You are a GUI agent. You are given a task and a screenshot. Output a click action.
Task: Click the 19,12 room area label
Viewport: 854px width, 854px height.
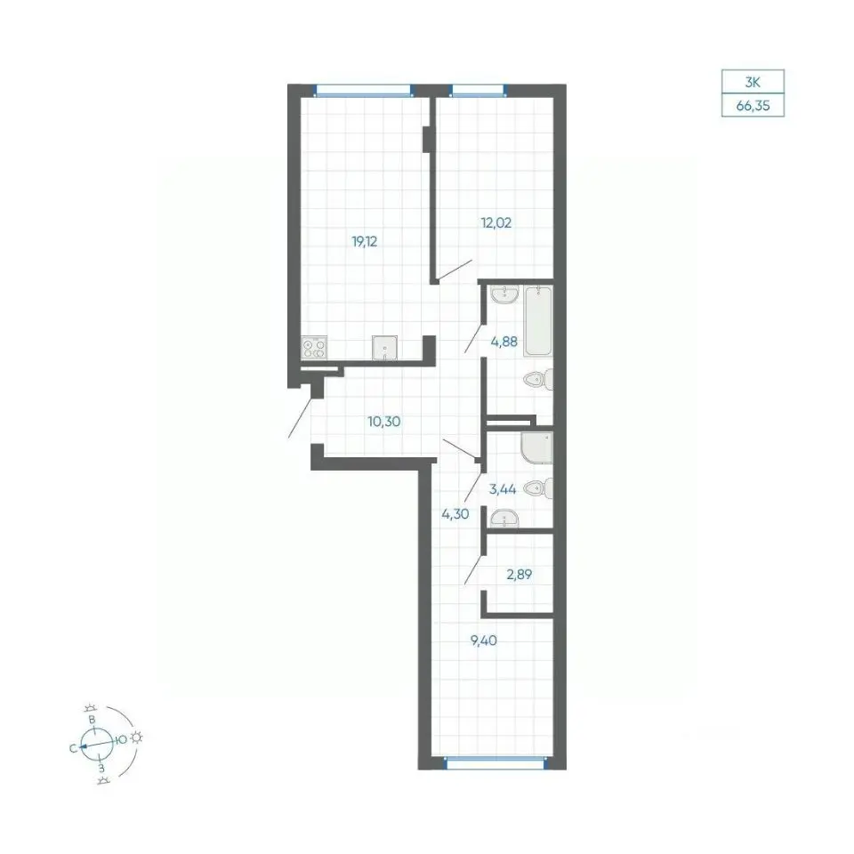(365, 241)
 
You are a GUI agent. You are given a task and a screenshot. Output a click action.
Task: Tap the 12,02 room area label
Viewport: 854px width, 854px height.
(495, 222)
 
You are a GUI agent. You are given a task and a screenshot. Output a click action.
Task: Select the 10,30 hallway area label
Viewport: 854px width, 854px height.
(384, 421)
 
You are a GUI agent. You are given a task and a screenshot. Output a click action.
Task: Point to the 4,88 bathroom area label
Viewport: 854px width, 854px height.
(504, 342)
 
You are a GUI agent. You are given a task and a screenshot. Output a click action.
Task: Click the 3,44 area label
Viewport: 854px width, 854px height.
(502, 489)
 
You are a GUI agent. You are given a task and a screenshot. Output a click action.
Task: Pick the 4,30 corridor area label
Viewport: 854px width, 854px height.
(455, 513)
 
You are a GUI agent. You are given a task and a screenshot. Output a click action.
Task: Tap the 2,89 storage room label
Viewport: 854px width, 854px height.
(519, 574)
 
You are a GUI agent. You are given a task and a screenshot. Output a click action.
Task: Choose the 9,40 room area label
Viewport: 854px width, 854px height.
(484, 640)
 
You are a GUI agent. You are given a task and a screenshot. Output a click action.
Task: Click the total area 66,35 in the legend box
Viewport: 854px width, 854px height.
(753, 106)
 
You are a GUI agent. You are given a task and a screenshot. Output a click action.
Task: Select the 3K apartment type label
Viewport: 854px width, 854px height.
(753, 83)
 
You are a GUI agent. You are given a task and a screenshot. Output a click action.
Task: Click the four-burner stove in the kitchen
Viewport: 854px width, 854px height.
(314, 348)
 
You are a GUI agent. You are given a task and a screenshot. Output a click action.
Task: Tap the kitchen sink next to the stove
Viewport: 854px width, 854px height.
(384, 348)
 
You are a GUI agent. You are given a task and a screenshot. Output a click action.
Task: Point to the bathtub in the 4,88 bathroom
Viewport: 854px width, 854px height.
(538, 321)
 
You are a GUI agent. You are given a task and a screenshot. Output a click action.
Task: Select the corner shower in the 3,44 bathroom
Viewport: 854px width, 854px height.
(536, 447)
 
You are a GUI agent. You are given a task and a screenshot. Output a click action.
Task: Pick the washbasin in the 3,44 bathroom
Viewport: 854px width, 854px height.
(504, 520)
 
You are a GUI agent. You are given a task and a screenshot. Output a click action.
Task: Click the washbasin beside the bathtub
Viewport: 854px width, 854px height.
(504, 294)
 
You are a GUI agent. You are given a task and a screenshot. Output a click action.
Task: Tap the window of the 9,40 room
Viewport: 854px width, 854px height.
(495, 763)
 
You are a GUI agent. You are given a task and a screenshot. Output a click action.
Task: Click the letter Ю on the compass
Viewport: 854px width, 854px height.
(122, 739)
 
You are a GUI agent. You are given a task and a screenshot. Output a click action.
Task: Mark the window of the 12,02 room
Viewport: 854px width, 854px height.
(477, 90)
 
